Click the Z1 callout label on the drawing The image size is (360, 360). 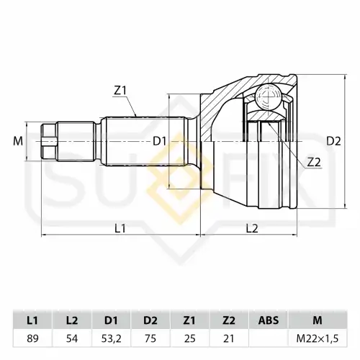coord(120,91)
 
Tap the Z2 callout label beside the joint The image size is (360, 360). coord(314,163)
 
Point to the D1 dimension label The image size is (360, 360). coord(160,142)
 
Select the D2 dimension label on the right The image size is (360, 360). coord(333,142)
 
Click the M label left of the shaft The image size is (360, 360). coord(18,141)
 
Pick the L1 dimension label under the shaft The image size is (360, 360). coord(120,228)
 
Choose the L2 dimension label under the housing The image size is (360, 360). coord(252,228)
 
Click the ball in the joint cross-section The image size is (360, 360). coord(268,97)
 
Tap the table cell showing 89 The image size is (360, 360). coord(32,338)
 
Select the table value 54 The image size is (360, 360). coord(72,338)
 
